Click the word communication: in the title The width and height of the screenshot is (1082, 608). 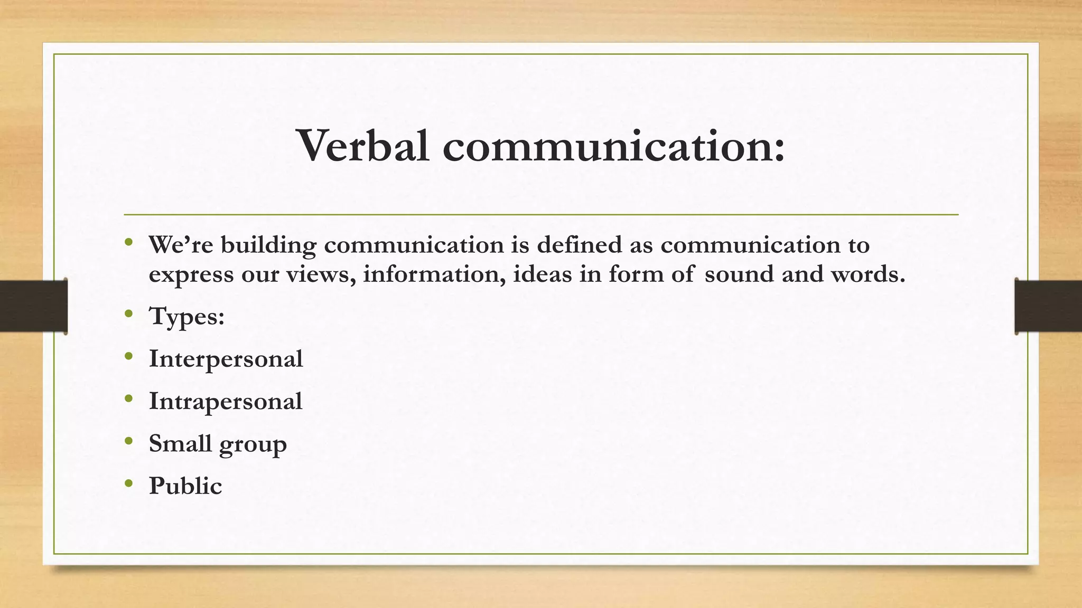[x=613, y=146]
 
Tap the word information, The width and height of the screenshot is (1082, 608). [x=434, y=274]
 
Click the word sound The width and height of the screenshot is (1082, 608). [x=739, y=274]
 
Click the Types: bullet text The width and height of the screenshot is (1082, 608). [x=187, y=317]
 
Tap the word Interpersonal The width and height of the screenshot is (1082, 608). [x=226, y=359]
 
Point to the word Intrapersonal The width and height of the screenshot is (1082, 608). [x=226, y=401]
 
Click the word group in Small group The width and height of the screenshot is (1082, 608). [x=253, y=444]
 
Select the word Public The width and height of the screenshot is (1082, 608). [x=185, y=486]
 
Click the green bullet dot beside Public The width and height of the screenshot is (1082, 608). [x=129, y=483]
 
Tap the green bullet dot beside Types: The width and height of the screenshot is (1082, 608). [x=129, y=314]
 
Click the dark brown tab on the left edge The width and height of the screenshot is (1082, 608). [x=33, y=306]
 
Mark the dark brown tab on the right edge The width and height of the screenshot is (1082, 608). [x=1048, y=306]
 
